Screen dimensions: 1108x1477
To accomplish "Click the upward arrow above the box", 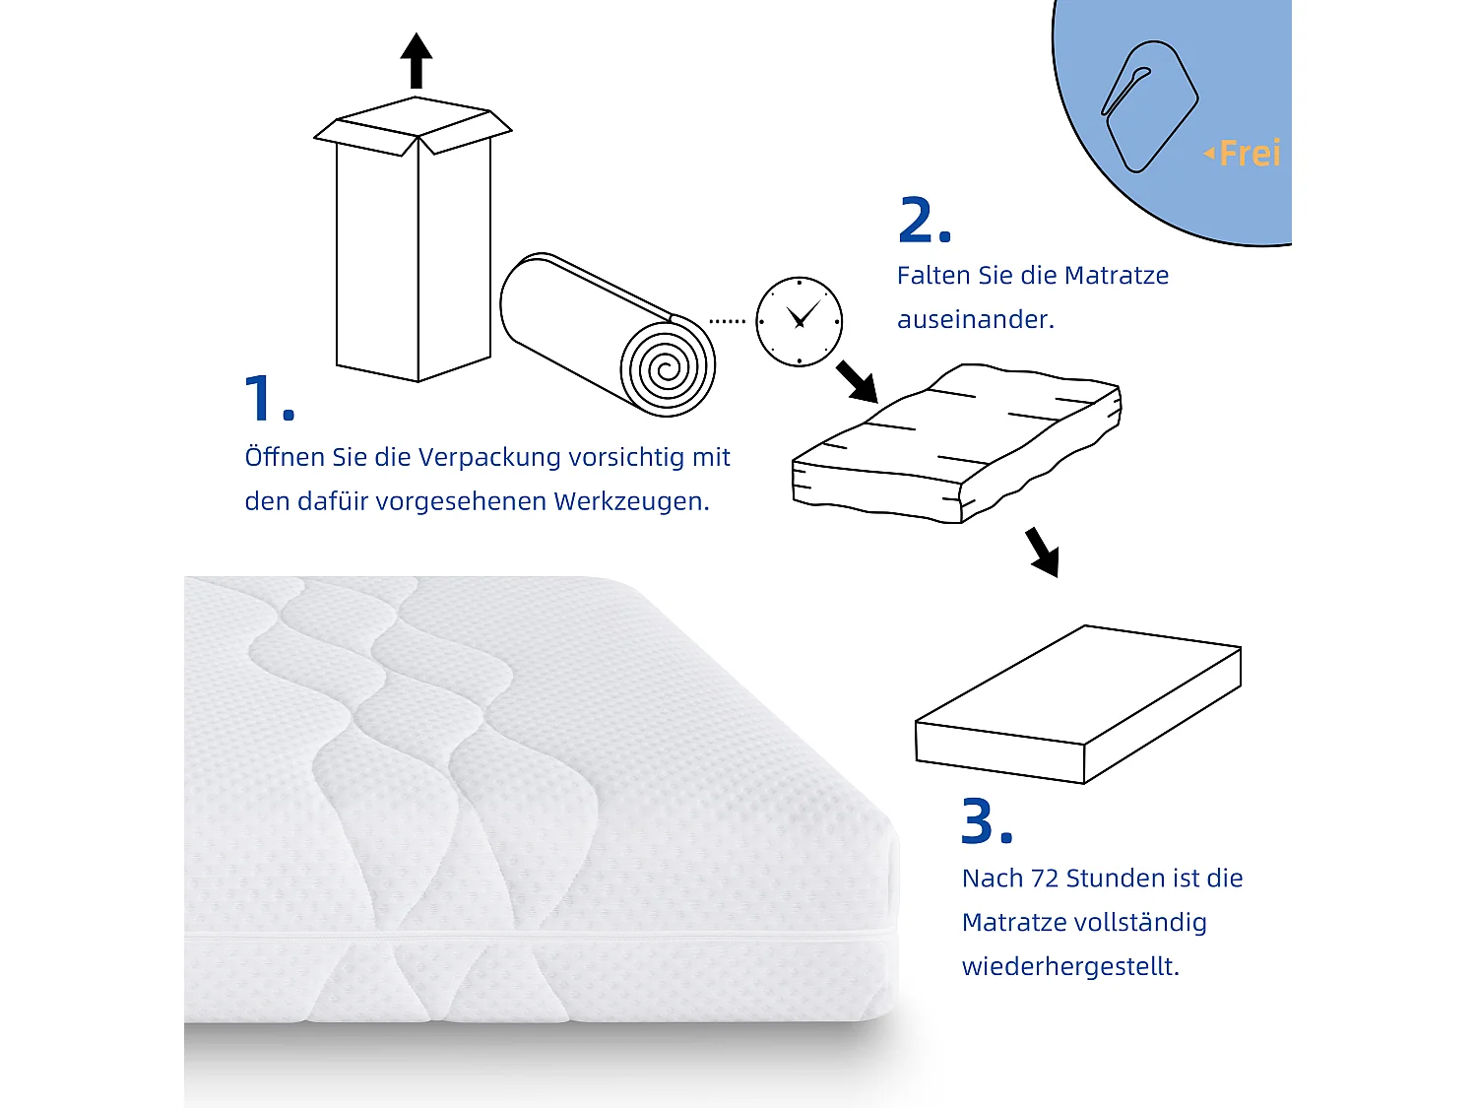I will click(417, 61).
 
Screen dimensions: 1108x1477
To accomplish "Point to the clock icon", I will click(799, 321).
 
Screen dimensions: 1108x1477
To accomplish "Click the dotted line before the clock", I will click(728, 321).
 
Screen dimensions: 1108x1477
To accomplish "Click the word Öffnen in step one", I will click(285, 457).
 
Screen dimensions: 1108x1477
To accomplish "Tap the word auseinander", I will click(975, 319).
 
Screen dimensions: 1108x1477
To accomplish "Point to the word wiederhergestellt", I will click(1069, 966).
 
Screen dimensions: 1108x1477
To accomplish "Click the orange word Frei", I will click(1249, 154).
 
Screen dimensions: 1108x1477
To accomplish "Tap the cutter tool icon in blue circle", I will click(1148, 106).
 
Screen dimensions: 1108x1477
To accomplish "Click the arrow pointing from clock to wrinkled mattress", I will click(857, 381).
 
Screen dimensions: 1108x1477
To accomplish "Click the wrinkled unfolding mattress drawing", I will click(955, 443).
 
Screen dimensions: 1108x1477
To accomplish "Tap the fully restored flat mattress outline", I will click(1078, 704).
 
